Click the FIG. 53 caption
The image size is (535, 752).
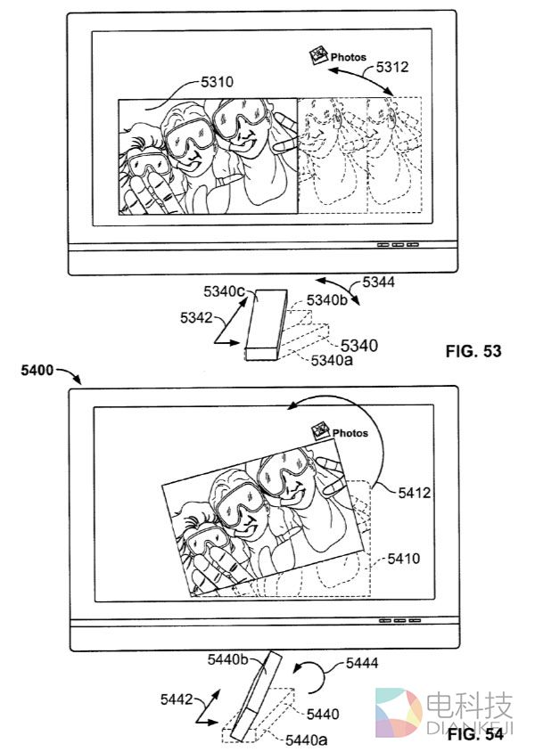click(x=473, y=351)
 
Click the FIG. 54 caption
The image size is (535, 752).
click(x=475, y=734)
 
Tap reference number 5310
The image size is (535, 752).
click(x=217, y=82)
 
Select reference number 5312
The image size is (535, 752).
click(x=392, y=67)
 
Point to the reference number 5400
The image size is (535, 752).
click(x=37, y=371)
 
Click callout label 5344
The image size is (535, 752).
click(x=379, y=282)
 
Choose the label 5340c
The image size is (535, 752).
click(x=224, y=291)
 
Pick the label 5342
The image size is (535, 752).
click(x=196, y=317)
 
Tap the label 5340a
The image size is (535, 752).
click(x=332, y=360)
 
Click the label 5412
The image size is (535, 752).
click(x=414, y=493)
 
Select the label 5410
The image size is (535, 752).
click(x=404, y=559)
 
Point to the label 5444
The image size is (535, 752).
click(x=362, y=663)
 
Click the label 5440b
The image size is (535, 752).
click(x=228, y=659)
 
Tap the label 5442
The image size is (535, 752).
click(x=177, y=699)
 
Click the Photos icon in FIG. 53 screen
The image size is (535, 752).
click(x=317, y=54)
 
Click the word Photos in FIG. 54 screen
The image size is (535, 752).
click(x=350, y=433)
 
